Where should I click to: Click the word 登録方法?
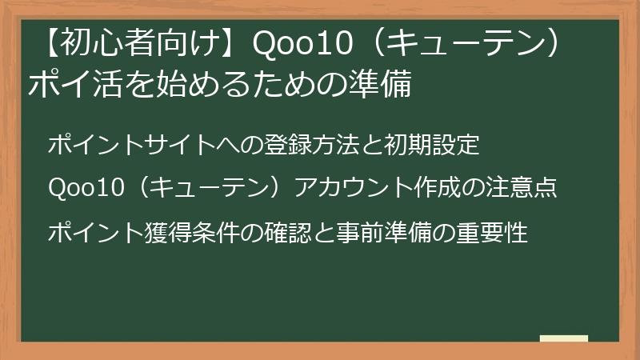[x=310, y=146]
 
